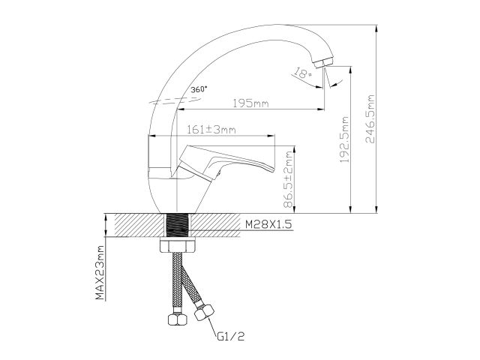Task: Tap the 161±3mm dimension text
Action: (x=212, y=130)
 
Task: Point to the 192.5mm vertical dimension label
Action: (x=345, y=139)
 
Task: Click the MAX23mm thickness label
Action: (x=100, y=273)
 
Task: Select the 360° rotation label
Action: (x=199, y=89)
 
